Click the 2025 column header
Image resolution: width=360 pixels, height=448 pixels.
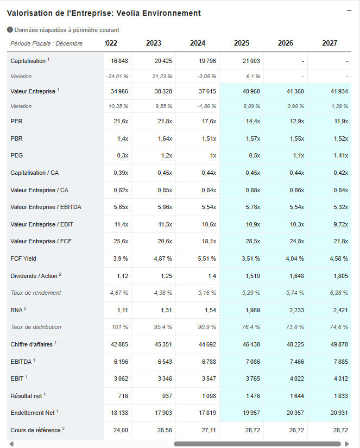coord(242,43)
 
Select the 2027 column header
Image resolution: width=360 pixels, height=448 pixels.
coord(330,43)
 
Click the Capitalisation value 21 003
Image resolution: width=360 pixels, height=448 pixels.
coord(251,61)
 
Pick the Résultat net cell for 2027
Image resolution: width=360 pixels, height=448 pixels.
coord(339,396)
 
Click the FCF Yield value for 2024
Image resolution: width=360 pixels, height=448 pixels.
coord(206,258)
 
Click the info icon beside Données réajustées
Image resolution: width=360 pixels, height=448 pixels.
coord(10,30)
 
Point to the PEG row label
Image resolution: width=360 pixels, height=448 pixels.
coord(16,156)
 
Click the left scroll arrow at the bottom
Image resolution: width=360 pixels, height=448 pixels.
coord(11,444)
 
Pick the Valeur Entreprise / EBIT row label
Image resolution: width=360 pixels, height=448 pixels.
coord(42,224)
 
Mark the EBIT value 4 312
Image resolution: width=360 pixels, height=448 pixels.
coord(339,378)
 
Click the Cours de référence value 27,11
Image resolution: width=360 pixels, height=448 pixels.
coord(207,430)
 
